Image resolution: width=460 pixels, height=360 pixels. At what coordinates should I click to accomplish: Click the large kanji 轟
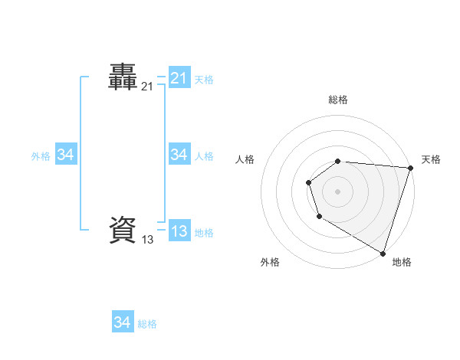coord(123,77)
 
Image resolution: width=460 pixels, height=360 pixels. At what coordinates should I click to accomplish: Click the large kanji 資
coord(123,230)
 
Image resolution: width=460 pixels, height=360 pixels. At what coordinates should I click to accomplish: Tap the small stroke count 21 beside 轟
coord(147,87)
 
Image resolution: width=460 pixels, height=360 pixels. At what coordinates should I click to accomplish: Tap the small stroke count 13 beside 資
coord(147,240)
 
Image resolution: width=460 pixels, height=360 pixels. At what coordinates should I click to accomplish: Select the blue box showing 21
coord(179,78)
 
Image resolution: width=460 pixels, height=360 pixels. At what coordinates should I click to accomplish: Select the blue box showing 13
coord(179,231)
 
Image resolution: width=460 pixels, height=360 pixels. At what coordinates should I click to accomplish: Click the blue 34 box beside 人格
coord(179,155)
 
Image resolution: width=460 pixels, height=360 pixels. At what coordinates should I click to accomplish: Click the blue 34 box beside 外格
coord(66,155)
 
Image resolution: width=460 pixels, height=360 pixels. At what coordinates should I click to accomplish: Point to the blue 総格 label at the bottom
coord(147,324)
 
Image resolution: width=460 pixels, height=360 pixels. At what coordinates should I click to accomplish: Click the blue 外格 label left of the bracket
coord(41,156)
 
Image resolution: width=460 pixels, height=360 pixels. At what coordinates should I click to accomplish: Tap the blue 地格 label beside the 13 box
coord(204,233)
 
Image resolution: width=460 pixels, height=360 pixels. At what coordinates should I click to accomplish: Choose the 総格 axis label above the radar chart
coord(338,100)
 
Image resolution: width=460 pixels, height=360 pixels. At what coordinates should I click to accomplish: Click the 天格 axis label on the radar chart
coord(431,159)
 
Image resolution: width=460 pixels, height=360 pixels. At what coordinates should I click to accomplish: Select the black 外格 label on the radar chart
coord(270,262)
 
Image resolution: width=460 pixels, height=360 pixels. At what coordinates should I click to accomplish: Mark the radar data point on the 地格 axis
coord(383,253)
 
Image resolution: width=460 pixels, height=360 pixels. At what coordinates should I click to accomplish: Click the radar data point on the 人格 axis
coord(308,182)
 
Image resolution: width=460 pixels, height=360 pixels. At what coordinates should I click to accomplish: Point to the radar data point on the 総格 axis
coord(338,161)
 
